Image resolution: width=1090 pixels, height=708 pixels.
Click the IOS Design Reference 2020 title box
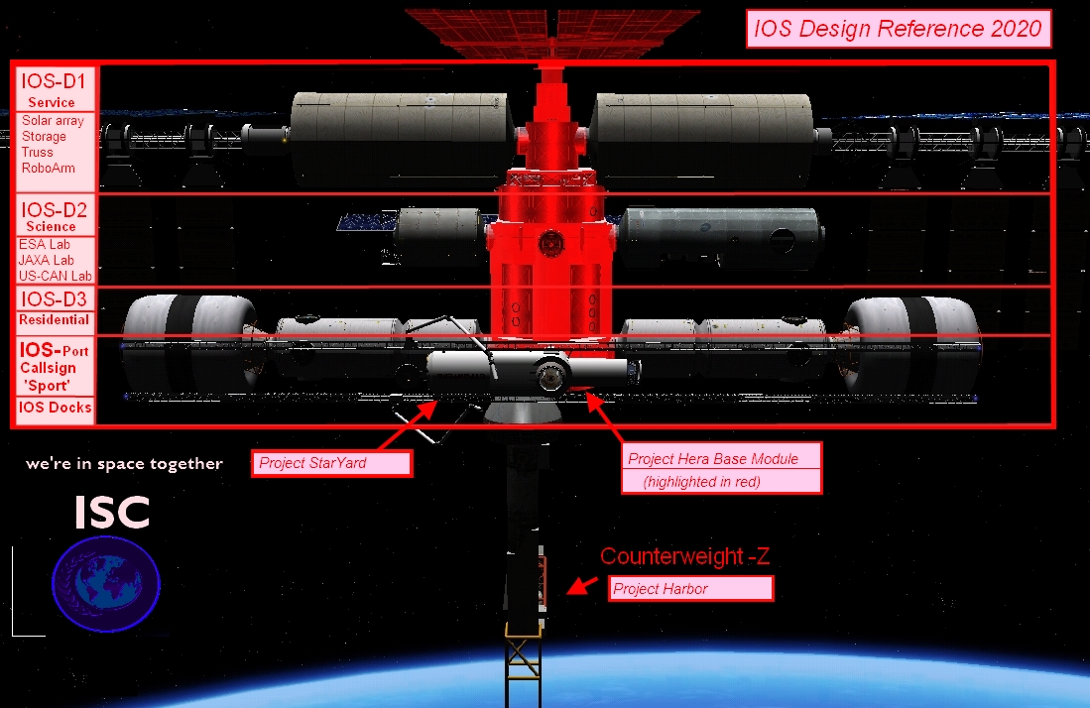click(899, 29)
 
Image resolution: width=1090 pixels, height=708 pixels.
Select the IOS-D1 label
click(54, 81)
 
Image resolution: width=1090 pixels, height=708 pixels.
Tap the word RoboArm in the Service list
click(48, 168)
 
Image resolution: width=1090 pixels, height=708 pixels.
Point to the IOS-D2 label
click(54, 209)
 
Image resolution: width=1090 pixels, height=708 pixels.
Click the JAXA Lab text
click(46, 260)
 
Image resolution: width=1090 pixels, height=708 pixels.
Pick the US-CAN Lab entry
click(55, 276)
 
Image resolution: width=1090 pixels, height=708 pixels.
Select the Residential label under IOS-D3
click(55, 319)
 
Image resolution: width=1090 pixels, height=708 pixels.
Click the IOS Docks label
click(55, 408)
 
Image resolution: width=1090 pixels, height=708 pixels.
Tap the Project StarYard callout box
click(331, 463)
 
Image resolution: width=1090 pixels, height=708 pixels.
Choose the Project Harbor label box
click(690, 588)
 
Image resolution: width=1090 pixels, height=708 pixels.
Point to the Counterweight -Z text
click(684, 556)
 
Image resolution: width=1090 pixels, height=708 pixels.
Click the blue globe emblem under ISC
click(106, 584)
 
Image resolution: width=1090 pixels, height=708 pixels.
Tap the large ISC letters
click(112, 512)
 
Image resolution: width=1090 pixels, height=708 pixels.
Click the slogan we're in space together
click(124, 463)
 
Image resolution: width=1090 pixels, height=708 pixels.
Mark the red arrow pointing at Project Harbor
click(582, 585)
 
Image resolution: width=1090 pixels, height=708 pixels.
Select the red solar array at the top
click(552, 33)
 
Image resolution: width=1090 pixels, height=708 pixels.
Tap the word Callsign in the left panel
click(48, 368)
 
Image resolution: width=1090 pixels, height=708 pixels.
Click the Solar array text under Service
click(53, 120)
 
